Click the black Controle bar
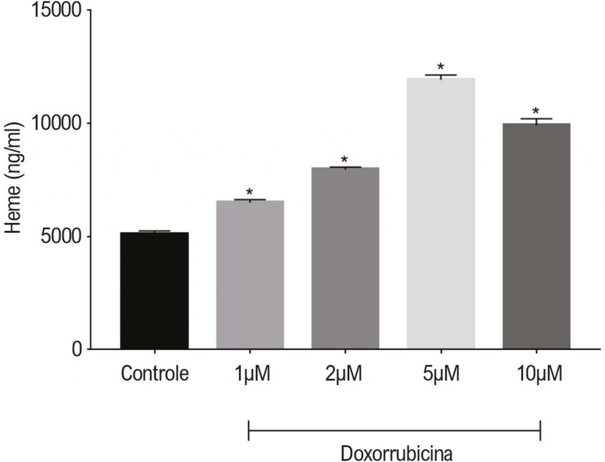coord(154,290)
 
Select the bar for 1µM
coord(250,275)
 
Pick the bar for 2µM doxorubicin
coord(345,258)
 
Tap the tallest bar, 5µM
coord(441,213)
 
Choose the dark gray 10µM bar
coord(536,236)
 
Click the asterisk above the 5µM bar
coord(441,67)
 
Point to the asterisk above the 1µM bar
coord(250,193)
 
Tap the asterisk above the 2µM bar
coord(345,160)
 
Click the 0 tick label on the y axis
coord(76,349)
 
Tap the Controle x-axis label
coord(154,375)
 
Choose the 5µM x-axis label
coord(441,375)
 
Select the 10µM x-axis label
coord(536,375)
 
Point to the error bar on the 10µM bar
coord(536,121)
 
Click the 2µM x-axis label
coord(345,375)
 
